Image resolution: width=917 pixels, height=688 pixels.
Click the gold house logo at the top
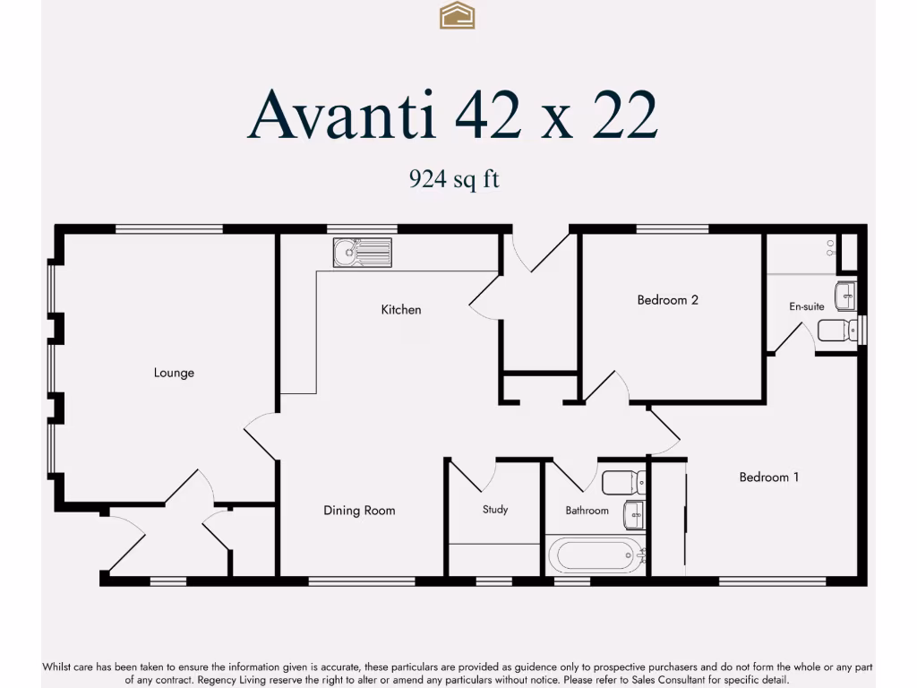click(457, 15)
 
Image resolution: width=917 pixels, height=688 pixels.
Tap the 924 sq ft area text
click(454, 179)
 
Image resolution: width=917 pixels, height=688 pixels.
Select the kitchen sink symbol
click(362, 253)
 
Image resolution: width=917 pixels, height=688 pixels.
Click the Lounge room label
click(174, 373)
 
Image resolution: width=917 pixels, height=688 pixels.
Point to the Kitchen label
click(400, 310)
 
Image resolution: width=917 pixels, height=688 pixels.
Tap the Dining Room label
click(359, 511)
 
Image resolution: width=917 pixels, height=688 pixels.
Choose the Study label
click(495, 510)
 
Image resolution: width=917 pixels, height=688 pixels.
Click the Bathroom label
click(587, 511)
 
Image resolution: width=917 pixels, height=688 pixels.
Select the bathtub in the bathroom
click(595, 555)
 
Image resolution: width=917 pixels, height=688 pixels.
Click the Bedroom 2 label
click(667, 300)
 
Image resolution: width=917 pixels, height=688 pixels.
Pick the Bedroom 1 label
click(768, 477)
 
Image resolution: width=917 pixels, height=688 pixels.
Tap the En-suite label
click(806, 306)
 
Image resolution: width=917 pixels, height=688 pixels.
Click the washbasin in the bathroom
click(634, 514)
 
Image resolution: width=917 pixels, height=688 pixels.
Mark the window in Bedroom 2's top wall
click(673, 228)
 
